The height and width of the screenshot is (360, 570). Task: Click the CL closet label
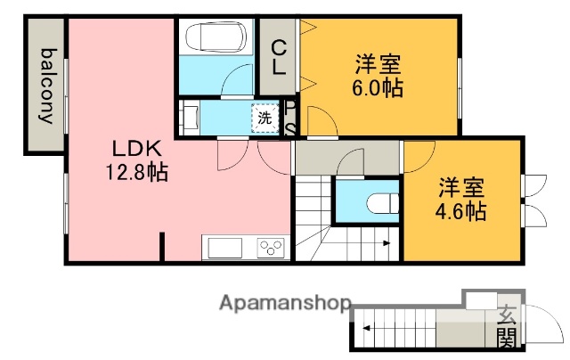click(x=279, y=54)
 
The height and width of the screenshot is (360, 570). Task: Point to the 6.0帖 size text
click(x=378, y=88)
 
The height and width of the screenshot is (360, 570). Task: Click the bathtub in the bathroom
click(x=213, y=39)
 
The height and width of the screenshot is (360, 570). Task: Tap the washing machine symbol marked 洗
click(x=265, y=117)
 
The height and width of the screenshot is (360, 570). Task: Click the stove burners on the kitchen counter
click(x=271, y=247)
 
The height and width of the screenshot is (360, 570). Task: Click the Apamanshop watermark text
click(x=286, y=303)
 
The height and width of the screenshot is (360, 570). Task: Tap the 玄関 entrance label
click(x=506, y=324)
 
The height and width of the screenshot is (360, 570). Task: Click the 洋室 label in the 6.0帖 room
click(x=378, y=64)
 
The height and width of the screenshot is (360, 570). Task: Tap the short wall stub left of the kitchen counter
click(x=163, y=246)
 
